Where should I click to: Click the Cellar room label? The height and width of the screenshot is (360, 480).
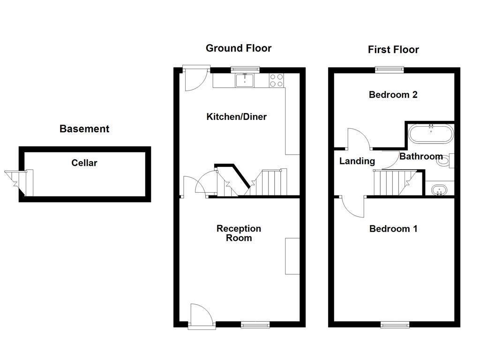click(84, 163)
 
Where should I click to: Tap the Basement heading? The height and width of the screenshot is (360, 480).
click(84, 129)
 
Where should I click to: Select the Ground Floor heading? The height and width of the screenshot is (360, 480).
click(239, 48)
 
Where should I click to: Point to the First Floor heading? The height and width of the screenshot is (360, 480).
click(393, 50)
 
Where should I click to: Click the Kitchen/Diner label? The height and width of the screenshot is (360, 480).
click(236, 117)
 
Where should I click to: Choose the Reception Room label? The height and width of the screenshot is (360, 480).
click(239, 233)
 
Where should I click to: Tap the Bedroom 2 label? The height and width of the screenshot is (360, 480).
click(393, 95)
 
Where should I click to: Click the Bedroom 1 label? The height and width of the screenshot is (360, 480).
click(393, 229)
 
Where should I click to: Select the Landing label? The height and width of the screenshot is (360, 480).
click(357, 161)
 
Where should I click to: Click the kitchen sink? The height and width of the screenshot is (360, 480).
click(245, 81)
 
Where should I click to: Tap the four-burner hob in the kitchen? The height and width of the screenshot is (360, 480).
click(277, 81)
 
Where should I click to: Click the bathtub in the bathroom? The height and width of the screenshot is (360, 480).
click(431, 134)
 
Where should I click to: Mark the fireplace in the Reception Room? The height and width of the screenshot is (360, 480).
click(292, 256)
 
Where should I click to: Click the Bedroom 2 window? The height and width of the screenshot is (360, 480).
click(389, 69)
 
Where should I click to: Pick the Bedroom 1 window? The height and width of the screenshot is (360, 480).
click(394, 324)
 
